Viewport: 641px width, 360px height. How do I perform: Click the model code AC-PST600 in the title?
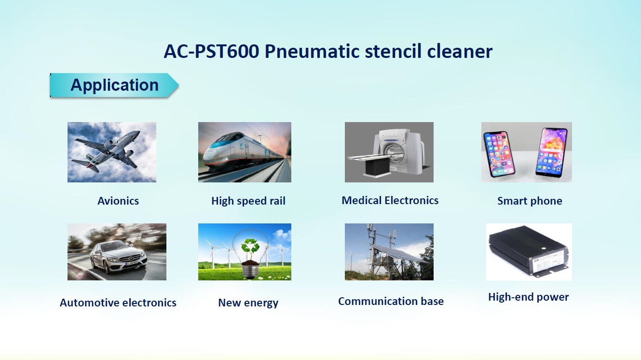pos(211,52)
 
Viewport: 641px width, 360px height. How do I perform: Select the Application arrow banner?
pos(114,85)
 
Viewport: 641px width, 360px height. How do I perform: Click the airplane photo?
pos(112,152)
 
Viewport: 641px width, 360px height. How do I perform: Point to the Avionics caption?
pos(118,201)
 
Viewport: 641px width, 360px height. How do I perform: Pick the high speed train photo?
pos(245,152)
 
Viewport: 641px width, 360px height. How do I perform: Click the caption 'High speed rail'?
pos(248,201)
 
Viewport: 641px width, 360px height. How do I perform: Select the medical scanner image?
pos(389,152)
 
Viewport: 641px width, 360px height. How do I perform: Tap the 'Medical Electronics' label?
pos(390,200)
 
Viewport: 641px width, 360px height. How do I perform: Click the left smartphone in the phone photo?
pos(499,154)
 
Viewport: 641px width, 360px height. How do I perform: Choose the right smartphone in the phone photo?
pos(552,152)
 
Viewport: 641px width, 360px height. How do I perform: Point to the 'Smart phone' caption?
pos(530,201)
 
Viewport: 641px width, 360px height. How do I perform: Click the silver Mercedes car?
pos(119,257)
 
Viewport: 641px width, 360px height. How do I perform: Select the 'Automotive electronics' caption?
pos(118,303)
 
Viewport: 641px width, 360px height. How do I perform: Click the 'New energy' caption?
pos(248,303)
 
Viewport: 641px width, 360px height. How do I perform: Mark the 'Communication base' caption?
pos(391,301)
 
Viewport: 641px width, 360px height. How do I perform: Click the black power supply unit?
pos(529,251)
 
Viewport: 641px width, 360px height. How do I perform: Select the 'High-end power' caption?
pos(529,297)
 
